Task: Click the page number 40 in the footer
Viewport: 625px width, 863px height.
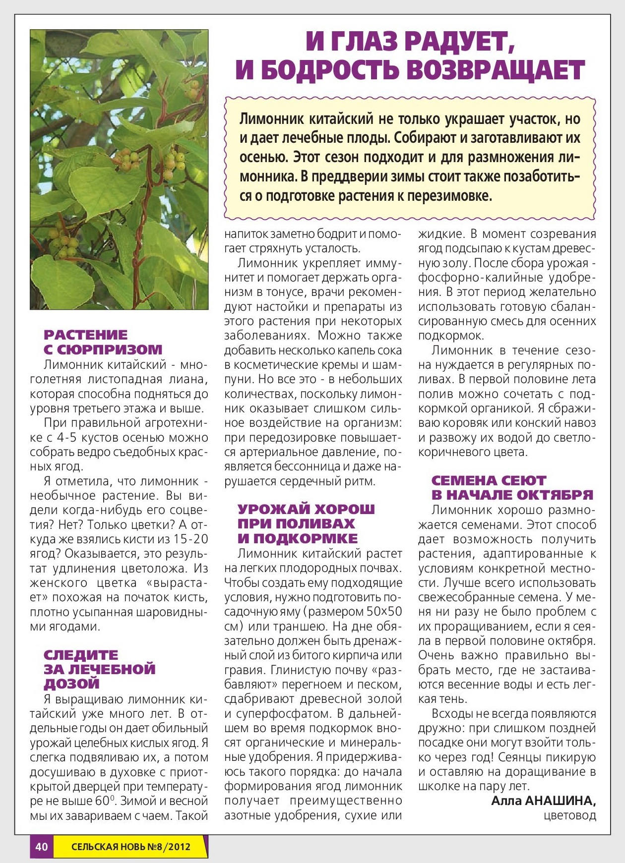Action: [42, 847]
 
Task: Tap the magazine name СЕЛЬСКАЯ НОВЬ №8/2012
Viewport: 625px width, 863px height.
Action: [130, 847]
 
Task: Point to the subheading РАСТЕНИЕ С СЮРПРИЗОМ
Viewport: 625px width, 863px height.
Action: [103, 342]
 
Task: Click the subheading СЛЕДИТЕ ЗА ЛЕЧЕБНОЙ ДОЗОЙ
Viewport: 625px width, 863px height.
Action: [99, 669]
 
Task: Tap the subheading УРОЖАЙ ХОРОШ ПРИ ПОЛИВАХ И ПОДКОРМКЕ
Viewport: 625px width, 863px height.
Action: [306, 523]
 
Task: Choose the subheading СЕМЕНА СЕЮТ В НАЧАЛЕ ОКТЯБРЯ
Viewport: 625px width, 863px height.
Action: [512, 488]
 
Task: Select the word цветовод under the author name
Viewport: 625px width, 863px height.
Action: [570, 815]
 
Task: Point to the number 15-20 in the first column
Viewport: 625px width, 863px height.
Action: [191, 539]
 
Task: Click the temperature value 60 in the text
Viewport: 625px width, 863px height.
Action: [102, 801]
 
